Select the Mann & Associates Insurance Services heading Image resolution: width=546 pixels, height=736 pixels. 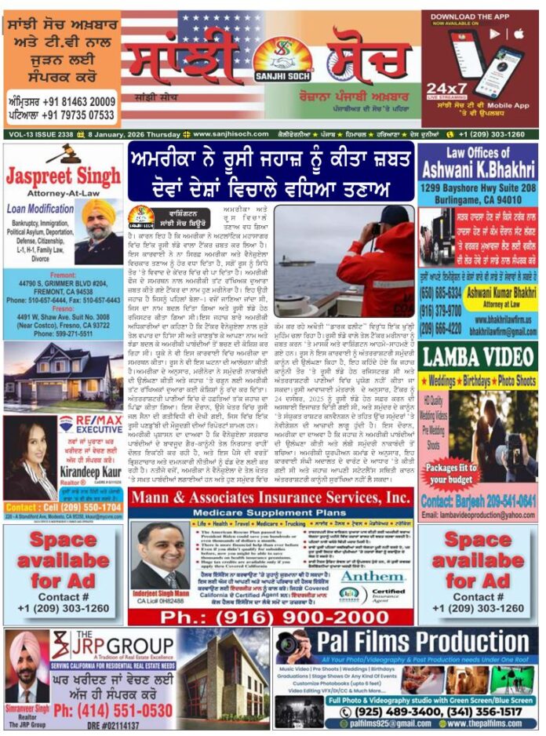pos(270,497)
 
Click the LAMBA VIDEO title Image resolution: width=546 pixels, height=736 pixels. pos(478,357)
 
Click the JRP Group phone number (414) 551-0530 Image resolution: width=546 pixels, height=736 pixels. pos(112,710)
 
